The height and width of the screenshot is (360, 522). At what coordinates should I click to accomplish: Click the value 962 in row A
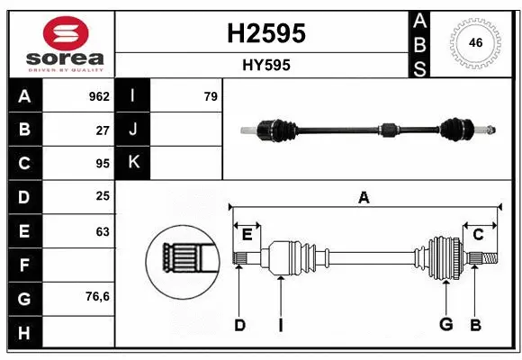[x=99, y=96]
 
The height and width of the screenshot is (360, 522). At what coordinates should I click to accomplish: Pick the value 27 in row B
[x=103, y=130]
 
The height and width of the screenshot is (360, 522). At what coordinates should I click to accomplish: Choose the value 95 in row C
[x=103, y=164]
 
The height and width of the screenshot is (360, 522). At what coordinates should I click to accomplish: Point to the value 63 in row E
[x=103, y=231]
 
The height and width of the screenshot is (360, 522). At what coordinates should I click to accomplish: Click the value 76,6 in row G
[x=97, y=296]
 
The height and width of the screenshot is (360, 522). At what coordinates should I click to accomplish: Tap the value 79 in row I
[x=210, y=96]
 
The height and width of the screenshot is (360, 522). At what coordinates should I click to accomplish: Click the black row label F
[x=24, y=265]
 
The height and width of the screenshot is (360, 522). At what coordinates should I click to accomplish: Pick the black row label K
[x=133, y=163]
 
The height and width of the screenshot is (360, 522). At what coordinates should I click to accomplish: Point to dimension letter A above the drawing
[x=364, y=198]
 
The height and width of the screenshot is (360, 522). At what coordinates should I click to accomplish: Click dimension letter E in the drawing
[x=247, y=235]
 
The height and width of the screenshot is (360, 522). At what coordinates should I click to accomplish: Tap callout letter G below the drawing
[x=445, y=325]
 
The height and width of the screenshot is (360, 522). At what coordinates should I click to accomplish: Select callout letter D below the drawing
[x=239, y=325]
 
